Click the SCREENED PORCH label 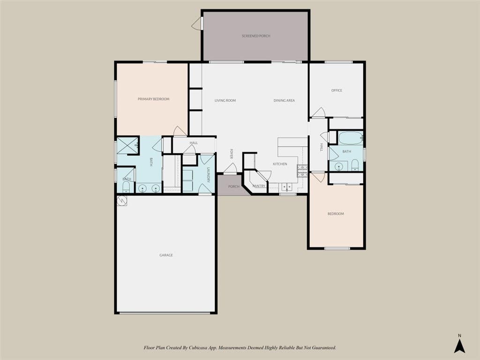256,36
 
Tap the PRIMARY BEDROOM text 153,99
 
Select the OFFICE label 337,90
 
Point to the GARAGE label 166,255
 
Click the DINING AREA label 284,100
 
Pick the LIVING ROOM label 225,100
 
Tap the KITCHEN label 280,164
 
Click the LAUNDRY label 208,175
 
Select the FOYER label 232,154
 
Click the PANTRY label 259,186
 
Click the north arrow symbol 459,345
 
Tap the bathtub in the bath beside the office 351,138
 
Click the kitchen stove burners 302,171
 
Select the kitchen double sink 287,187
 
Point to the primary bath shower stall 127,145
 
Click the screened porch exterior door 197,23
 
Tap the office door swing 318,112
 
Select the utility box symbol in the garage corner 122,201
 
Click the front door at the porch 230,168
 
